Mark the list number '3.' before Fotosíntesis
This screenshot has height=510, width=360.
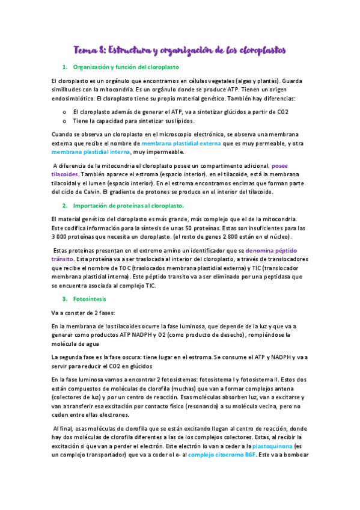64,299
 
